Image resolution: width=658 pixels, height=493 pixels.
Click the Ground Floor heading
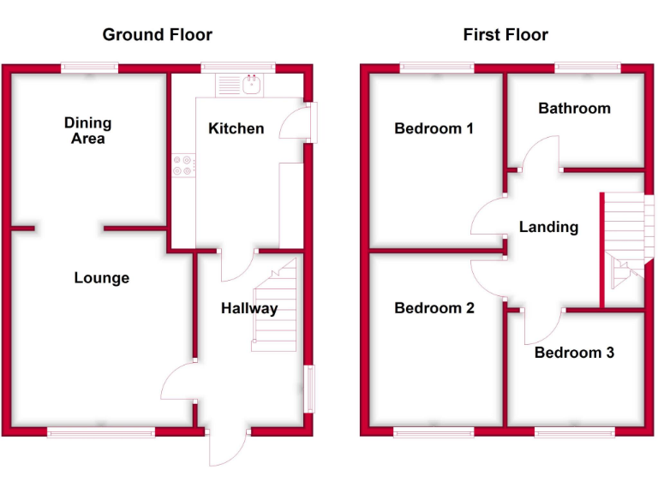pos(157,35)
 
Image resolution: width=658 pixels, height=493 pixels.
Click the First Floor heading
pos(505,35)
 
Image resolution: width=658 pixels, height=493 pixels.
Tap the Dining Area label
pos(87,131)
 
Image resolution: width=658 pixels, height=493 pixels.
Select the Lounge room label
pos(101,278)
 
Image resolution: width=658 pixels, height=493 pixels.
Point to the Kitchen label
pos(236,128)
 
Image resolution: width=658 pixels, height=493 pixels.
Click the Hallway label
pos(249,308)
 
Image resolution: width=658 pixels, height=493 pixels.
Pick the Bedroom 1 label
pos(434,128)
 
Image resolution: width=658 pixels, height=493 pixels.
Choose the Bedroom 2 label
pos(434,308)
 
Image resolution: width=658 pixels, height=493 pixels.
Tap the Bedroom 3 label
pos(574,352)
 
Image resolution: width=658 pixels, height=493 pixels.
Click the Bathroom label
pos(574,108)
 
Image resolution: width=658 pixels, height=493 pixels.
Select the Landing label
pos(548,227)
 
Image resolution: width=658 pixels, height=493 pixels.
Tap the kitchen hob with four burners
pos(182,164)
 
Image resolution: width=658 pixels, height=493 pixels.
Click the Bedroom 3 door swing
pos(540,325)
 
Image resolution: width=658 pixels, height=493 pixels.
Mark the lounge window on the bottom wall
pos(101,432)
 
